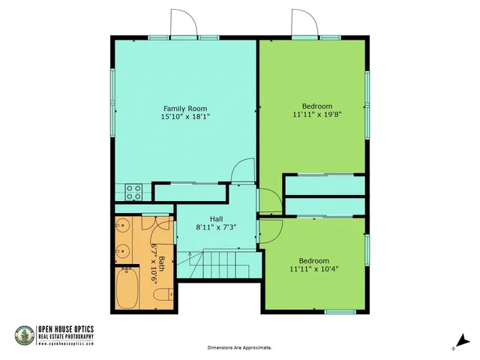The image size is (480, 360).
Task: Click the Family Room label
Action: tap(184, 108)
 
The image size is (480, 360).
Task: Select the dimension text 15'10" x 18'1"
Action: tap(184, 116)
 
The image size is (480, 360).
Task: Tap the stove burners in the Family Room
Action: tap(134, 191)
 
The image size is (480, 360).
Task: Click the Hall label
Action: tap(216, 218)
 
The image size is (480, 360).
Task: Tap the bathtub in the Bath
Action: tap(130, 289)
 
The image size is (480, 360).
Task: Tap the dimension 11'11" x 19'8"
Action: tap(316, 115)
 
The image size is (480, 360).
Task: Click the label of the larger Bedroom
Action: tap(316, 106)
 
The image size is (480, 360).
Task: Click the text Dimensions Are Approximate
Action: tap(239, 348)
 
